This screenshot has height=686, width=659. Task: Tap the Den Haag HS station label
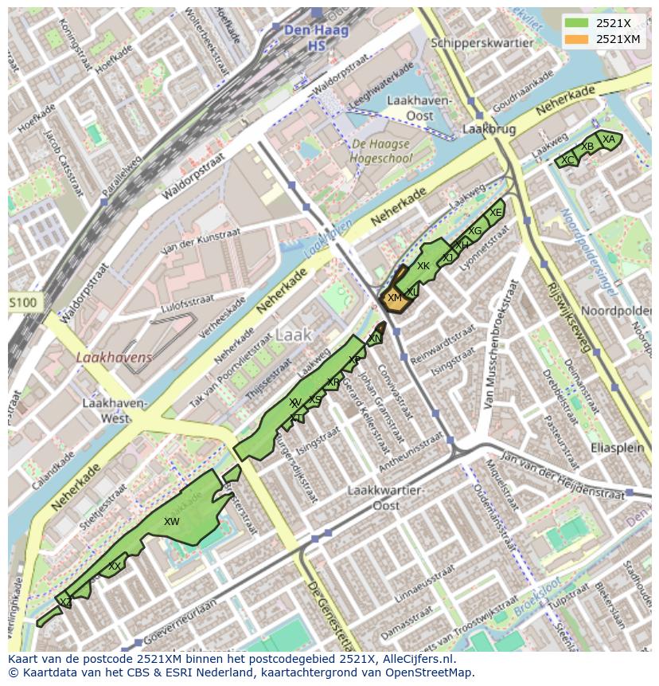pos(306,37)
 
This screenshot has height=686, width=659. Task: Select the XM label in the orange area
pos(394,298)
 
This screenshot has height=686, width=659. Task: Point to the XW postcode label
pos(171,522)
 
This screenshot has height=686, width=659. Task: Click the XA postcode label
pos(609,139)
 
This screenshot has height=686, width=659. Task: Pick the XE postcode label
pos(496,213)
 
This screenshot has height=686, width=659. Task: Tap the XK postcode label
pos(423,266)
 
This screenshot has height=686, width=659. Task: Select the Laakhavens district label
pos(114,358)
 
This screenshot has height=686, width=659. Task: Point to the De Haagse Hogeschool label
pos(380,151)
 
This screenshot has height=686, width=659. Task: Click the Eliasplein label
pos(617,448)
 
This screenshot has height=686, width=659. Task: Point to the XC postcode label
pos(567,160)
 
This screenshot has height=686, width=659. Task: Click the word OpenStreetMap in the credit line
pos(431,672)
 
